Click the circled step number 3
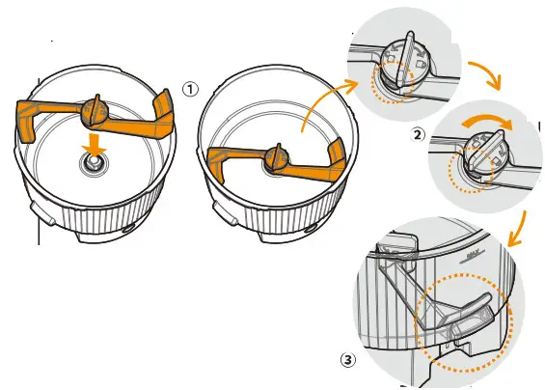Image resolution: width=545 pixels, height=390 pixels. [348, 360]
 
